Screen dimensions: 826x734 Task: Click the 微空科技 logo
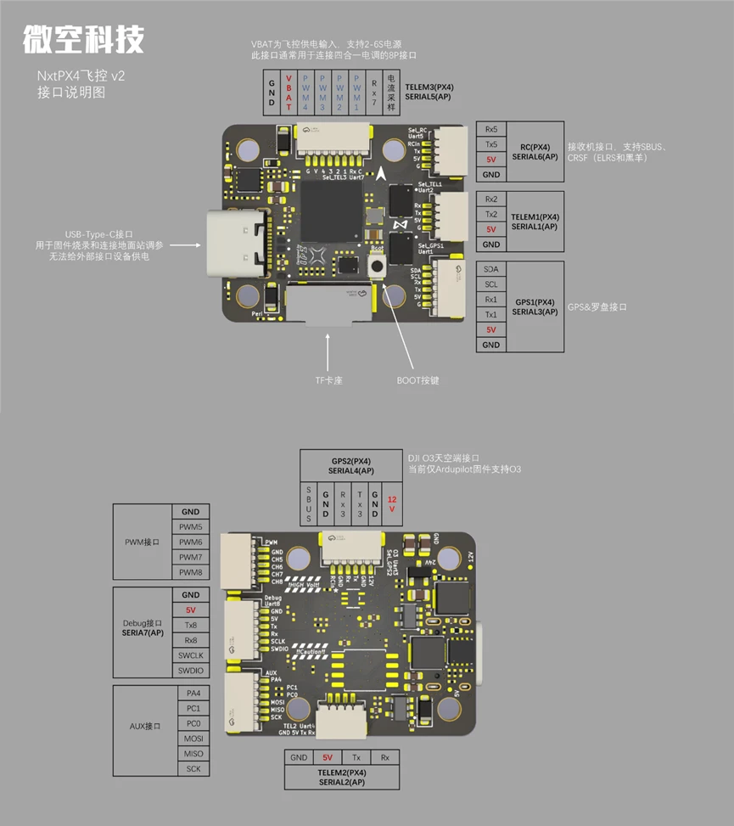coord(83,38)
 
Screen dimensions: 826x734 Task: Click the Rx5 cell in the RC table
coord(490,129)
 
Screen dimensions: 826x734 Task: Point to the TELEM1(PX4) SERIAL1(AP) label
coord(535,222)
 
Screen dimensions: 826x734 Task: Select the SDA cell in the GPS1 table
coord(490,268)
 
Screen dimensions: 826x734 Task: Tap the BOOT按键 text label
coord(417,380)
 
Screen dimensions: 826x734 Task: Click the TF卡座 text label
coord(328,380)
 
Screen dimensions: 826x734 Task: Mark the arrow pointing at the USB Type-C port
coord(186,246)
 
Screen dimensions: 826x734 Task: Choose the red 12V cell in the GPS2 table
coord(391,503)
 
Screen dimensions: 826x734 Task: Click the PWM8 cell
coord(191,571)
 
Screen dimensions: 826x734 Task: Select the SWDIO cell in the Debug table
coord(191,670)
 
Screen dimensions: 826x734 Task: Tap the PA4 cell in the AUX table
coord(193,693)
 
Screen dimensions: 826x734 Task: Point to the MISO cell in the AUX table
coord(193,753)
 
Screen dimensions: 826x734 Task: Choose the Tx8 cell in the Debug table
coord(191,625)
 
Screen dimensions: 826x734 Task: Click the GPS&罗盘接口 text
coord(597,306)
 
